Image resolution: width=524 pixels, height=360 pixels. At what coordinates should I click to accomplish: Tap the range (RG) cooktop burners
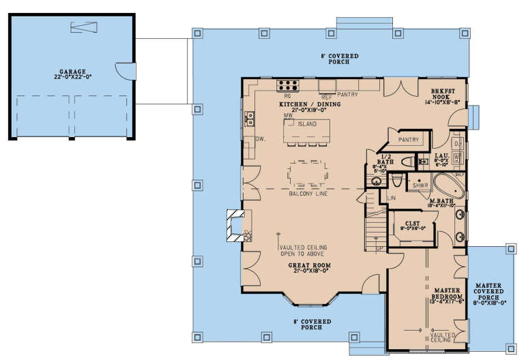(x=288, y=85)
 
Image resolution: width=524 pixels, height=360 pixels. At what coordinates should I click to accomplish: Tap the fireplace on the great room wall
(x=237, y=225)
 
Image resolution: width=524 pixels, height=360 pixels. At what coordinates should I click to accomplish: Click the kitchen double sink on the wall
(x=250, y=119)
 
